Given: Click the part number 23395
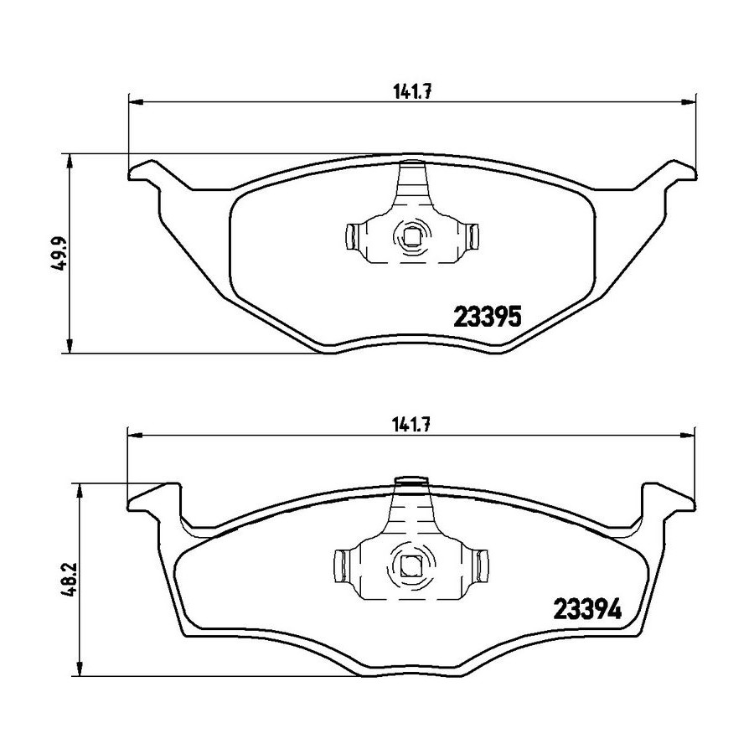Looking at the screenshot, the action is pyautogui.click(x=488, y=317).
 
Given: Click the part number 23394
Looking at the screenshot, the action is pyautogui.click(x=587, y=609).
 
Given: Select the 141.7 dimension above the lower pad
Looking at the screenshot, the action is pyautogui.click(x=411, y=425).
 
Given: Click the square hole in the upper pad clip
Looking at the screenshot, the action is pyautogui.click(x=411, y=236).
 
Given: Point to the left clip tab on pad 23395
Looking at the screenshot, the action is pyautogui.click(x=351, y=236).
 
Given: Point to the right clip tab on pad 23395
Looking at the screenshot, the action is pyautogui.click(x=473, y=236).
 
